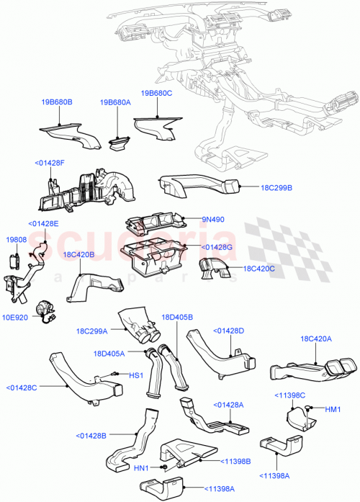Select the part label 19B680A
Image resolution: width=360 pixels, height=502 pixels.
(115, 102)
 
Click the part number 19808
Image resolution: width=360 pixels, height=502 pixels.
(16, 240)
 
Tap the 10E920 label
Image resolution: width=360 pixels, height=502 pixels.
(17, 316)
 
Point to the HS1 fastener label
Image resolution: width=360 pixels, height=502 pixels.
(135, 375)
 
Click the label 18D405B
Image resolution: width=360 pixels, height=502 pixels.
(177, 317)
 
